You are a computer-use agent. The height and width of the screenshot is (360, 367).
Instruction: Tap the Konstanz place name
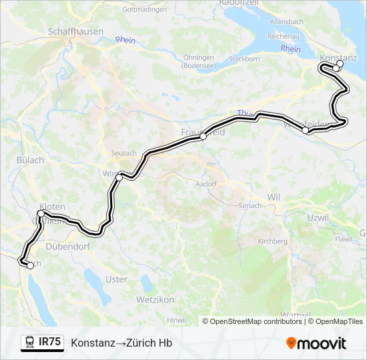pyautogui.click(x=338, y=58)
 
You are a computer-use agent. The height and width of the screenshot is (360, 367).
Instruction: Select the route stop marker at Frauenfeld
pyautogui.click(x=203, y=136)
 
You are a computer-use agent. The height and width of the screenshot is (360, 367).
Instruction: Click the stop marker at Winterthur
pyautogui.click(x=119, y=177)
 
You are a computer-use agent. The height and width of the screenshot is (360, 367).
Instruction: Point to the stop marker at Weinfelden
pyautogui.click(x=306, y=131)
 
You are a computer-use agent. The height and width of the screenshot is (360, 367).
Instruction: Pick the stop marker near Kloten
pyautogui.click(x=41, y=213)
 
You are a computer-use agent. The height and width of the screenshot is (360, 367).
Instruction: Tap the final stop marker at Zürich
pyautogui.click(x=30, y=265)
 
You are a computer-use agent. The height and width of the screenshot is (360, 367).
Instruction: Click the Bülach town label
pyautogui.click(x=30, y=160)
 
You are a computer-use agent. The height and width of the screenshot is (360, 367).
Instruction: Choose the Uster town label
pyautogui.click(x=116, y=279)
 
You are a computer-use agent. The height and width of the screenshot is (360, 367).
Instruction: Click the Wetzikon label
pyautogui.click(x=155, y=300)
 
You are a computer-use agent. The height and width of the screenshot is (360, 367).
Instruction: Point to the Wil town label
pyautogui.click(x=274, y=197)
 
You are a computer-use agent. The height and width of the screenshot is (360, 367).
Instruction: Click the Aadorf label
pyautogui.click(x=206, y=183)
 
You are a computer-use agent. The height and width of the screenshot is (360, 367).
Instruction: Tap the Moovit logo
pyautogui.click(x=316, y=343)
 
